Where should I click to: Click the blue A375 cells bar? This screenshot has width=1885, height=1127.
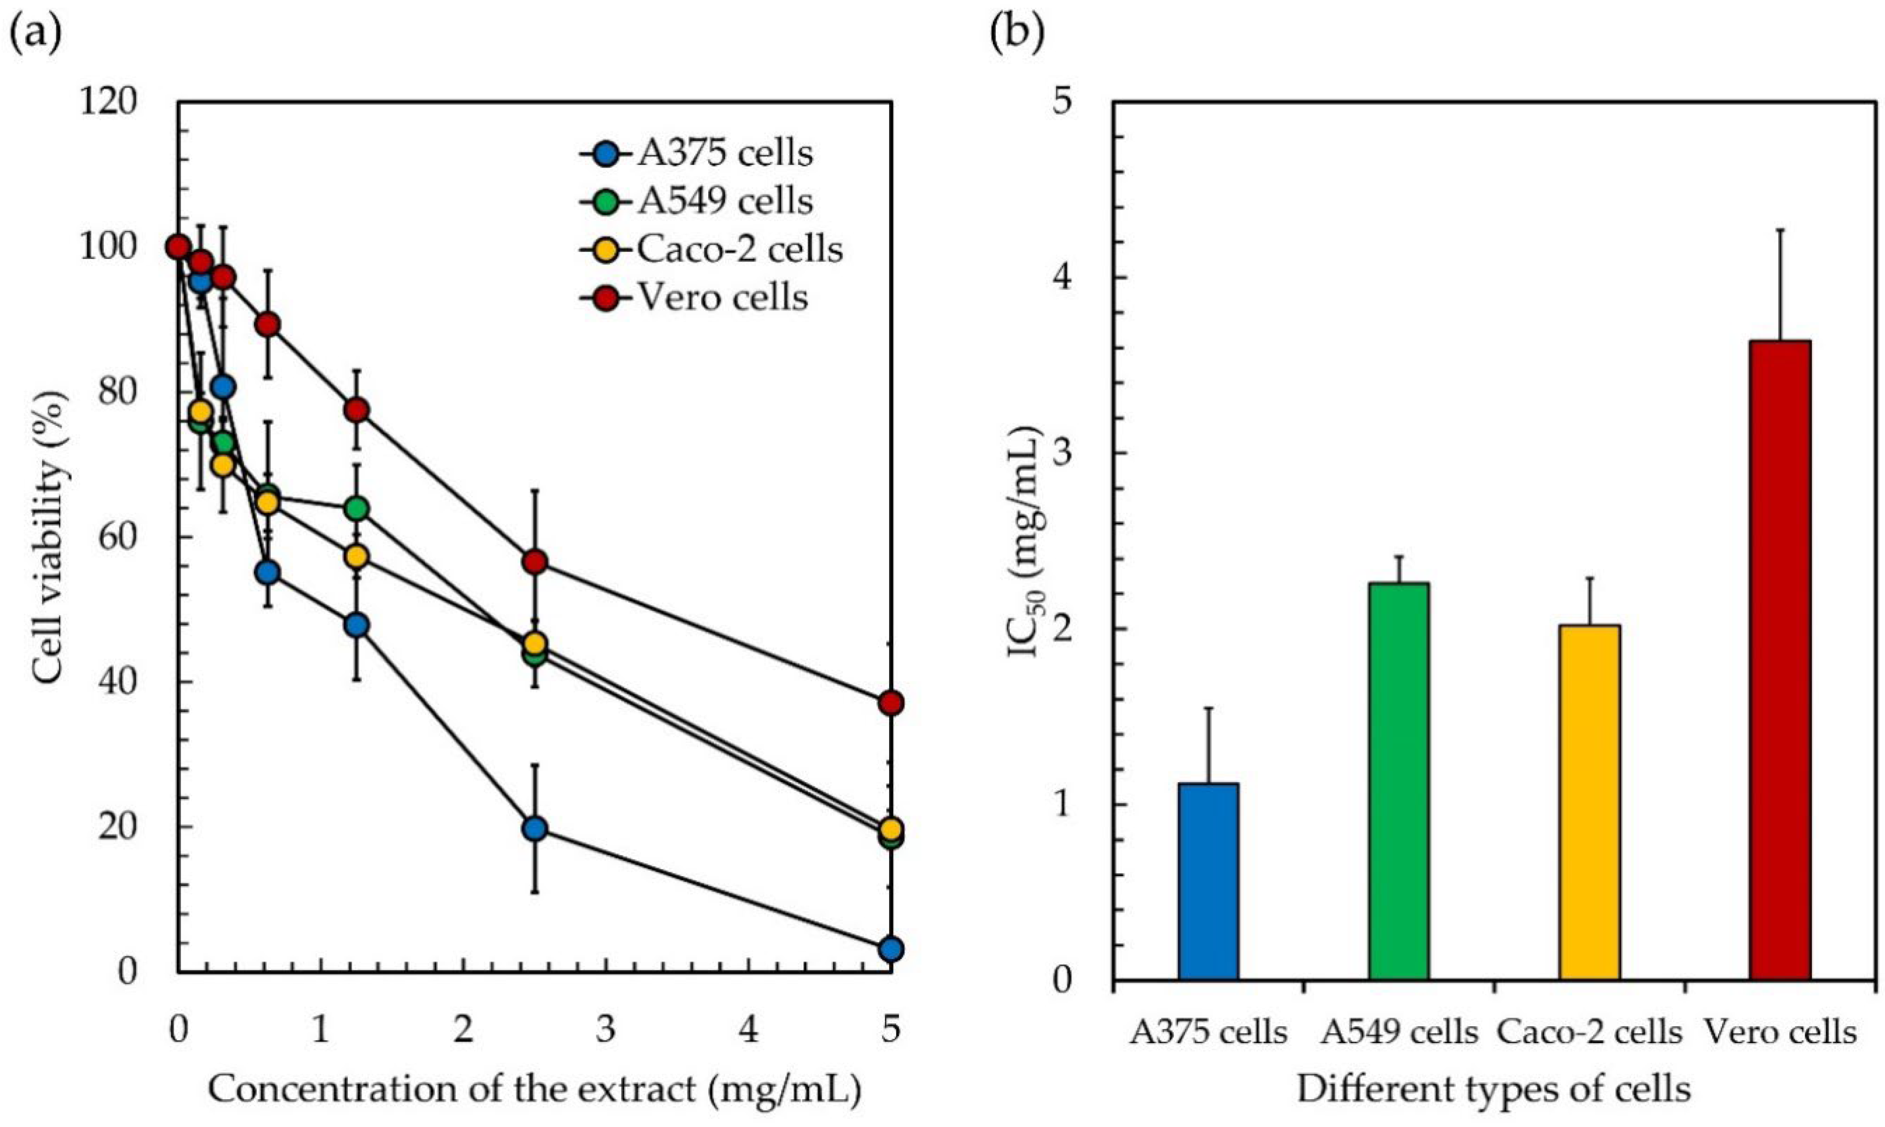[1208, 892]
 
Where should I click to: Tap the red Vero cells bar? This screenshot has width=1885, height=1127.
[1780, 671]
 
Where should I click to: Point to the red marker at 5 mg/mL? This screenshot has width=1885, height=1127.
[891, 703]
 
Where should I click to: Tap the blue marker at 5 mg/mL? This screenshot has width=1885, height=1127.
[891, 949]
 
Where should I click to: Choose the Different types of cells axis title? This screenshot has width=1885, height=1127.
[1494, 1089]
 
